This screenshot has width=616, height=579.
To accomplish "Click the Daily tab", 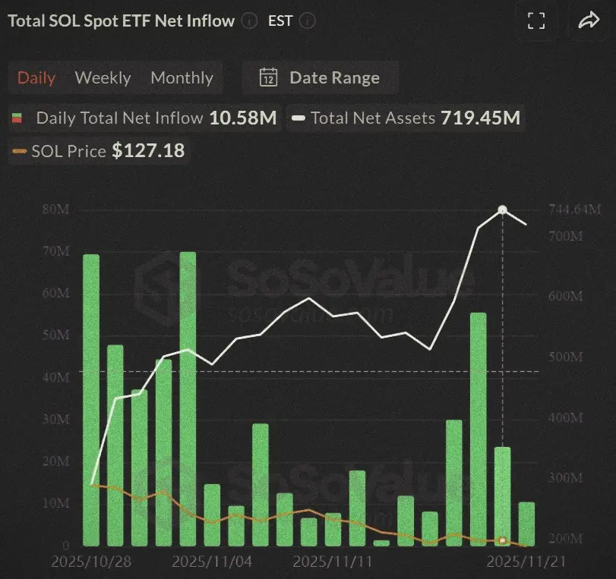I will [36, 77].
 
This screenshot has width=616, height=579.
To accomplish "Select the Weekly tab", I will [103, 77].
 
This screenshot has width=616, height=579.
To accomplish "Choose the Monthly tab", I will [182, 77].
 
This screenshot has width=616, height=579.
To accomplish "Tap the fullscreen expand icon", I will [536, 21].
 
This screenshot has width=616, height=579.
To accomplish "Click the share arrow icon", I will [588, 21].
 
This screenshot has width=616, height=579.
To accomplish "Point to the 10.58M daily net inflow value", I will [244, 118].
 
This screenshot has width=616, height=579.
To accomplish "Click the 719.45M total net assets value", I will [481, 118].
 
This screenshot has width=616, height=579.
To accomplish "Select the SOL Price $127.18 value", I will [148, 151].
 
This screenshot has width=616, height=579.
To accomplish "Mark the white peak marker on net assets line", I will [502, 209].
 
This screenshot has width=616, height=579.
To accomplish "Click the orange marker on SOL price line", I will [502, 540].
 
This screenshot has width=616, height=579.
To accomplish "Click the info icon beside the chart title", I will [249, 21].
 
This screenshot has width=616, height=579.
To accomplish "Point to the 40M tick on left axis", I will [58, 377].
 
